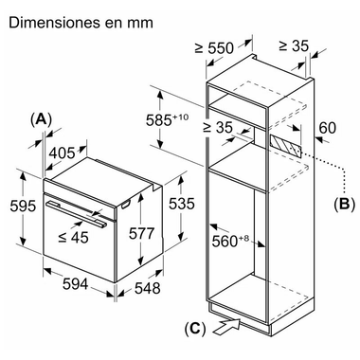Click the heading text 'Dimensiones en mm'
(x=81, y=23)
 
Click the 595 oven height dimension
(x=23, y=206)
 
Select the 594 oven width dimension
(x=75, y=284)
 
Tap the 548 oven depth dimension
(x=148, y=288)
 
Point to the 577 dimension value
(x=141, y=233)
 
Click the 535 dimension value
(x=181, y=204)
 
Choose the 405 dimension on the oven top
(x=63, y=153)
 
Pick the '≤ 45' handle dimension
(x=74, y=237)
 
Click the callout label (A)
(x=41, y=120)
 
